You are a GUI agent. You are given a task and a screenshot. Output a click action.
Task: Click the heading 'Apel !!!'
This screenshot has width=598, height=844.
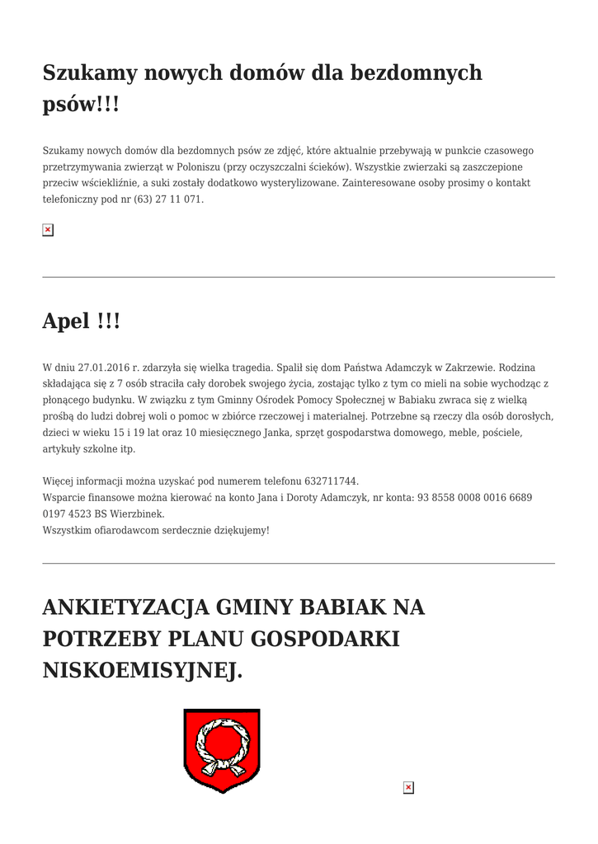[81, 321]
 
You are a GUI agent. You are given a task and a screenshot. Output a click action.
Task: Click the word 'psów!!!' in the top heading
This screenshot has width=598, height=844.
[81, 105]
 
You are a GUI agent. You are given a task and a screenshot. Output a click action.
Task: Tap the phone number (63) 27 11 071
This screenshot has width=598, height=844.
[168, 199]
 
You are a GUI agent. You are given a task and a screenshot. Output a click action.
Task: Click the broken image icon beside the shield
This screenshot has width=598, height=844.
[407, 788]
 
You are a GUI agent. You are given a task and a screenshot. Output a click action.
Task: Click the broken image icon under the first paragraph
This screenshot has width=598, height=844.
[48, 230]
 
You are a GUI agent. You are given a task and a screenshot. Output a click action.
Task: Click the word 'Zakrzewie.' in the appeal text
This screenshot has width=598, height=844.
[469, 367]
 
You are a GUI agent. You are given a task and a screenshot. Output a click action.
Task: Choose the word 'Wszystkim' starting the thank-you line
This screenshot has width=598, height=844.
[66, 530]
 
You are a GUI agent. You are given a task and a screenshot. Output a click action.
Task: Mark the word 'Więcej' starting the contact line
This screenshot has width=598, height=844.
[58, 481]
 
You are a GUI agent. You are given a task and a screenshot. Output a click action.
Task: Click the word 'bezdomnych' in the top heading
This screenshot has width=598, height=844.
[417, 73]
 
